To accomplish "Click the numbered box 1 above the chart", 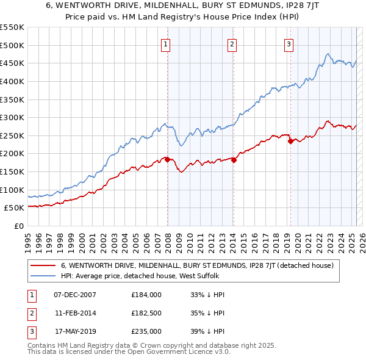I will click(x=166, y=43).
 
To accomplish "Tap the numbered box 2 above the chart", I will click(x=232, y=43).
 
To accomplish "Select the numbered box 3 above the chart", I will click(x=289, y=43).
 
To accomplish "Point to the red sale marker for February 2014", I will click(x=234, y=160).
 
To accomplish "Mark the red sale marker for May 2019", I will click(x=290, y=141).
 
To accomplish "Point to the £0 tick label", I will click(x=18, y=226).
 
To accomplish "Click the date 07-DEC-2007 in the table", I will click(x=75, y=295).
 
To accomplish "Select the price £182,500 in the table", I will click(x=146, y=313).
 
